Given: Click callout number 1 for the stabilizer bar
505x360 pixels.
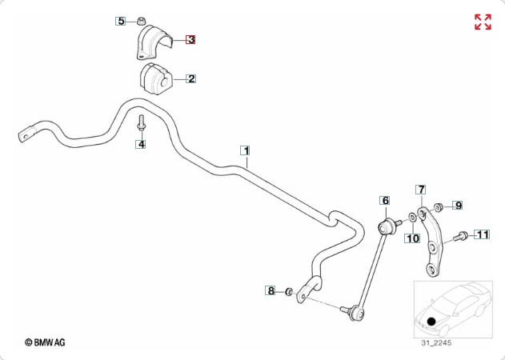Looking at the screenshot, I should tap(246, 150).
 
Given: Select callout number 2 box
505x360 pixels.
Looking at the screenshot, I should tap(191, 78).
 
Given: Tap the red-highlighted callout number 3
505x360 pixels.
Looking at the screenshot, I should tap(191, 38).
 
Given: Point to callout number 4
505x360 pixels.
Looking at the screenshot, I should tap(141, 145).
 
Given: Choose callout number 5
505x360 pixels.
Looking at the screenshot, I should tap(122, 21).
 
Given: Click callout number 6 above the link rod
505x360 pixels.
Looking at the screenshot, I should tap(384, 200).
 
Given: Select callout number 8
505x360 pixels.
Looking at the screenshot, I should tap(271, 290).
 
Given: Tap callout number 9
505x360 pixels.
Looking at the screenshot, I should tap(459, 206).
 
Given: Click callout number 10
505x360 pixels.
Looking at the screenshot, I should tap(412, 238).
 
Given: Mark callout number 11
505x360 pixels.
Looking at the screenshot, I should tap(482, 234).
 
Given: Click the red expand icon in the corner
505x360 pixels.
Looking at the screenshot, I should tap(483, 22).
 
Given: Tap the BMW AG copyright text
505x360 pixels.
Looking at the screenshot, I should tap(45, 342).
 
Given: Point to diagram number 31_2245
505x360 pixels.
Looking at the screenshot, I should tap(437, 343).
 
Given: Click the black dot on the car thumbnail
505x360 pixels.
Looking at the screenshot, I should tap(431, 322).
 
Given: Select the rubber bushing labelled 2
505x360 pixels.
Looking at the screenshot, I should tap(154, 79).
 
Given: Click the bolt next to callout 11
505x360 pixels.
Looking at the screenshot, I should tap(463, 236).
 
